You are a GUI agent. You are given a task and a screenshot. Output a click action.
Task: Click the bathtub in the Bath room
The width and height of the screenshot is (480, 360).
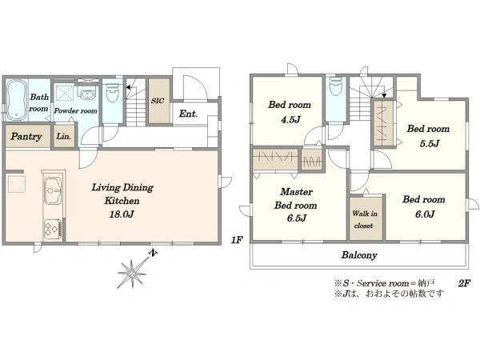(16, 100)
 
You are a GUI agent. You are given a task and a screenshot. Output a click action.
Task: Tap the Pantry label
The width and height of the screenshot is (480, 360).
(26, 137)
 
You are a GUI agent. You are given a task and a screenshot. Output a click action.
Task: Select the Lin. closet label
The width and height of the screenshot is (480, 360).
(64, 136)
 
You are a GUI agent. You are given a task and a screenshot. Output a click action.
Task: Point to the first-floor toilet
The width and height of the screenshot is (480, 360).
(112, 93)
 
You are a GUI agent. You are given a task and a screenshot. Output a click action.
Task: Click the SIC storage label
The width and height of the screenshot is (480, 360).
(158, 101)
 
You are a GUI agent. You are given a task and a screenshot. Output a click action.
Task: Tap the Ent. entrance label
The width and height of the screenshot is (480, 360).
(188, 114)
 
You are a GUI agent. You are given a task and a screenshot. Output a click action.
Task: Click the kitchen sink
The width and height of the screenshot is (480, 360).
(53, 190)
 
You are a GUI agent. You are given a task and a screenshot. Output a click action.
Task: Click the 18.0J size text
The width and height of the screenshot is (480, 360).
(122, 214)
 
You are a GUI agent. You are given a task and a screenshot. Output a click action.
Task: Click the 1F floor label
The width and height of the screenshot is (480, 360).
(237, 240)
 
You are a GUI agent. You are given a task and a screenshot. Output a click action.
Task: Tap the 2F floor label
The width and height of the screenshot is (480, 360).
(464, 283)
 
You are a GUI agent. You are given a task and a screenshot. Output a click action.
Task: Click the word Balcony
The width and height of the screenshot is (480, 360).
(359, 255)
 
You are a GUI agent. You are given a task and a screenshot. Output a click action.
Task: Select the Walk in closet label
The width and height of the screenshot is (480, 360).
(364, 219)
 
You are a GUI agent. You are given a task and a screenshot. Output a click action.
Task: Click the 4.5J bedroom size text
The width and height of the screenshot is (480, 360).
(291, 119)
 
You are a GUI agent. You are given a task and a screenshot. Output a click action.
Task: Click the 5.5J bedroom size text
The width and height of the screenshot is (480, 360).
(430, 143)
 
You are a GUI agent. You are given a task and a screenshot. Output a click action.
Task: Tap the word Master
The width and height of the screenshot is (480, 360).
(296, 192)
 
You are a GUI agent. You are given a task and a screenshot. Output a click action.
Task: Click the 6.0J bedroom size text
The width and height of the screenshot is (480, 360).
(425, 214)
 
